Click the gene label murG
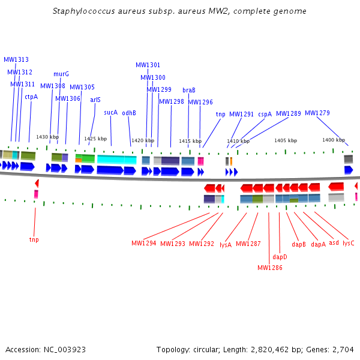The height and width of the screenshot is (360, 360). [61, 74]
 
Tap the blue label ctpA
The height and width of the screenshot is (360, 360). [31, 97]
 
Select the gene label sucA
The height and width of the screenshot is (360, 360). [110, 112]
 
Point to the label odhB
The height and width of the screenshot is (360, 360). [129, 113]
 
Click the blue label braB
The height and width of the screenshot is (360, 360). [189, 90]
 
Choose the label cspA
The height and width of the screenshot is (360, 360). [265, 114]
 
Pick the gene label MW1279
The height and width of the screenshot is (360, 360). [317, 113]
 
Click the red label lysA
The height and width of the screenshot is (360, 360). [226, 244]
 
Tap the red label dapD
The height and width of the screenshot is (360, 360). [280, 257]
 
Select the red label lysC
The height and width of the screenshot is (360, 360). [348, 243]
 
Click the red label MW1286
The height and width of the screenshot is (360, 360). [270, 268]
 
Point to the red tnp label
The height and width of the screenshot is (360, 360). [34, 239]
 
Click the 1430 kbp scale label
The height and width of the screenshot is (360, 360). [47, 137]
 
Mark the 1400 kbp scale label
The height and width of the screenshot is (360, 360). [334, 140]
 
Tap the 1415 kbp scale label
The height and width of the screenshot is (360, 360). [190, 141]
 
